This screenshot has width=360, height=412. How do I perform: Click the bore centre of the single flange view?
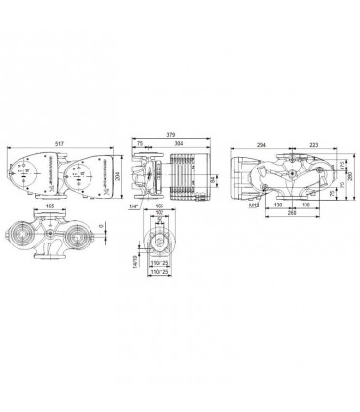(x=159, y=238)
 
